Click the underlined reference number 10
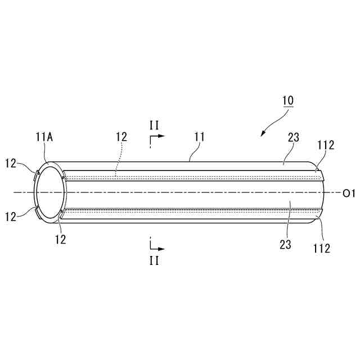coord(287,101)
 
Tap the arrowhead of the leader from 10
coord(263,134)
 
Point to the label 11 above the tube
coord(199,137)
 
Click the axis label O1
coord(349,193)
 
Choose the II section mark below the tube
coord(154,260)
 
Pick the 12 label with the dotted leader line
coord(121,137)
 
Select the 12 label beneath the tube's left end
coord(60,238)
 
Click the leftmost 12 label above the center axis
coord(11,163)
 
